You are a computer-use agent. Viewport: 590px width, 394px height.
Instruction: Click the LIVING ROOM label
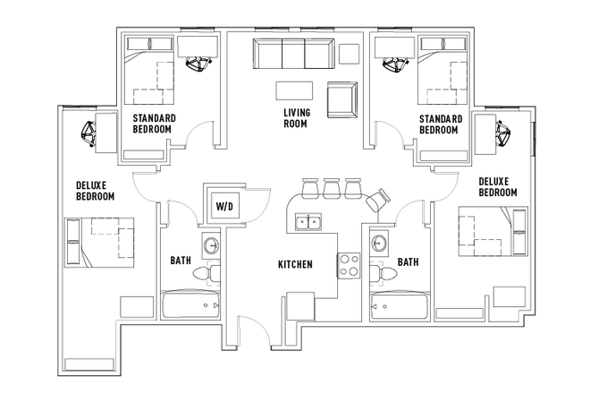pos(295,117)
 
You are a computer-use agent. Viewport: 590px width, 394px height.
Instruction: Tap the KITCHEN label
pos(295,264)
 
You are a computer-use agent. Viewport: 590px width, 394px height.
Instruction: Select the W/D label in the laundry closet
pos(223,207)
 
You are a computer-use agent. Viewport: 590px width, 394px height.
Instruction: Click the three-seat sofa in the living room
pos(293,56)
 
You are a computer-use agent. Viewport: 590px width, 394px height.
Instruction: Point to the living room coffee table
pos(295,91)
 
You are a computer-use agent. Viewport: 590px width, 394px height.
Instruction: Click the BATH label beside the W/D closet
pos(181,261)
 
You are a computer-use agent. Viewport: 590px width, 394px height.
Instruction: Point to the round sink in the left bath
pos(211,244)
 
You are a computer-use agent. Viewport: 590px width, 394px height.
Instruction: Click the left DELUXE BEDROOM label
pos(94,191)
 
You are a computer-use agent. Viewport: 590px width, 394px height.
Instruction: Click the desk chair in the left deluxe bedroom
pos(89,133)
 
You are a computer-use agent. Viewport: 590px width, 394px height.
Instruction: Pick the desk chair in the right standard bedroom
pos(392,63)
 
